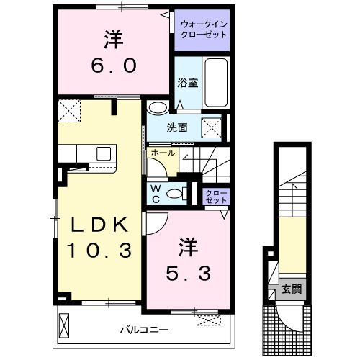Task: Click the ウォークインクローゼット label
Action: click(x=204, y=31)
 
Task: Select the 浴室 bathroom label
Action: click(x=187, y=84)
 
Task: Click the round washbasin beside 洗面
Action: click(x=157, y=109)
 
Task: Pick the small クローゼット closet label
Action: click(x=215, y=197)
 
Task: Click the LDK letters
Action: click(x=99, y=225)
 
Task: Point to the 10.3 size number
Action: click(x=99, y=251)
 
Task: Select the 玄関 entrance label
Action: click(x=291, y=289)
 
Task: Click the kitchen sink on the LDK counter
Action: click(x=103, y=153)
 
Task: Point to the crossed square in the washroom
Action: click(x=212, y=127)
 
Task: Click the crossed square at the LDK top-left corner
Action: click(x=69, y=112)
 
